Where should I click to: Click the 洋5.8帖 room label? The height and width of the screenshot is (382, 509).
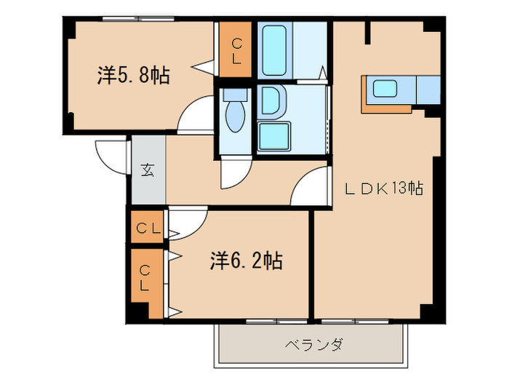pos(134,76)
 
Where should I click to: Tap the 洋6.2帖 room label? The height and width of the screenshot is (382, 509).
pos(247,260)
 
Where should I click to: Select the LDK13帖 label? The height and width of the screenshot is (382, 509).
pos(384,188)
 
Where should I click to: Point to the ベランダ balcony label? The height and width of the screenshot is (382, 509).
pos(313,344)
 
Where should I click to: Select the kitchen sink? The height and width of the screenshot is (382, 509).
pos(384,90)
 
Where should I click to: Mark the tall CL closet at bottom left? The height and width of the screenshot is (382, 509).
pos(146,283)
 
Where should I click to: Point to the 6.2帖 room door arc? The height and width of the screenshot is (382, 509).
pos(188,221)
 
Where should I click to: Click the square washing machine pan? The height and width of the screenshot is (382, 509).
pos(274,136)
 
